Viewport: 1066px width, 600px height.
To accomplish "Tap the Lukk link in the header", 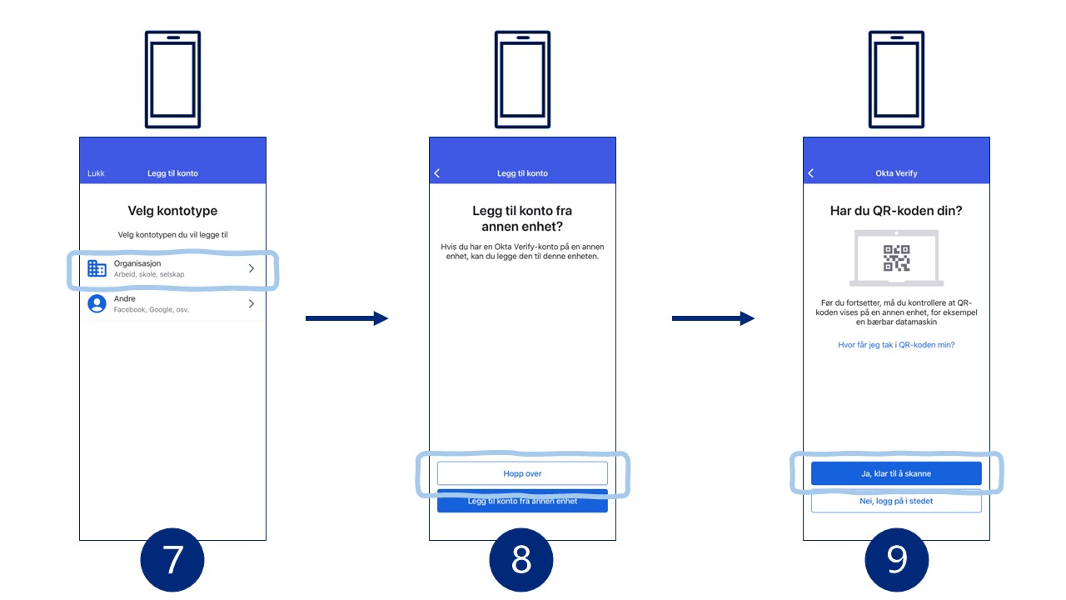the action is (x=96, y=173).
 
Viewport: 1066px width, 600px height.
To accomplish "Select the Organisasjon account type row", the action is (x=172, y=268).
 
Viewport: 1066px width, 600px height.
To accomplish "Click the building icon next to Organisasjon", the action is (x=97, y=268).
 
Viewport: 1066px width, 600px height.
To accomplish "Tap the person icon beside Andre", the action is (x=97, y=303).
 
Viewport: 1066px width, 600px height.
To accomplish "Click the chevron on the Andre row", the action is (x=252, y=303).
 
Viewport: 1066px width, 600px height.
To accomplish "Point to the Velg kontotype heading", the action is (x=172, y=211).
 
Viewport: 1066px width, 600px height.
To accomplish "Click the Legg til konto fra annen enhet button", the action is (x=522, y=502).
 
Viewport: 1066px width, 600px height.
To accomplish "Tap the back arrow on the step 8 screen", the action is (x=437, y=173).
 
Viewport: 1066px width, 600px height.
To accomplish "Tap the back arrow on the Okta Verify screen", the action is (x=811, y=173).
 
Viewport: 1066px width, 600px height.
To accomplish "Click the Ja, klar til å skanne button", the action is (x=896, y=473).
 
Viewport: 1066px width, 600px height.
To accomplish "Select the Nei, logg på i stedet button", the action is (x=896, y=501).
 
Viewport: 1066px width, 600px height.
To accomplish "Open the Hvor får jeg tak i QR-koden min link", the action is (x=896, y=345).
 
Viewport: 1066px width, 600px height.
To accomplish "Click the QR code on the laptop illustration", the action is (x=897, y=258).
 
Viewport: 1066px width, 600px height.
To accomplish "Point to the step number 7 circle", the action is (x=172, y=560).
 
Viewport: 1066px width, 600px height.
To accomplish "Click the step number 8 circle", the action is (x=521, y=560).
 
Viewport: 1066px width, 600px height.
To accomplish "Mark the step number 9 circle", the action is (x=897, y=560).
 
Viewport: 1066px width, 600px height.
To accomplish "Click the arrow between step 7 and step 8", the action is (x=347, y=318).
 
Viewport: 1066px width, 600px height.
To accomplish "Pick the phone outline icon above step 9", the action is (x=896, y=79).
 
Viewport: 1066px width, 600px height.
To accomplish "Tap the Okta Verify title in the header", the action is (x=896, y=173).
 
